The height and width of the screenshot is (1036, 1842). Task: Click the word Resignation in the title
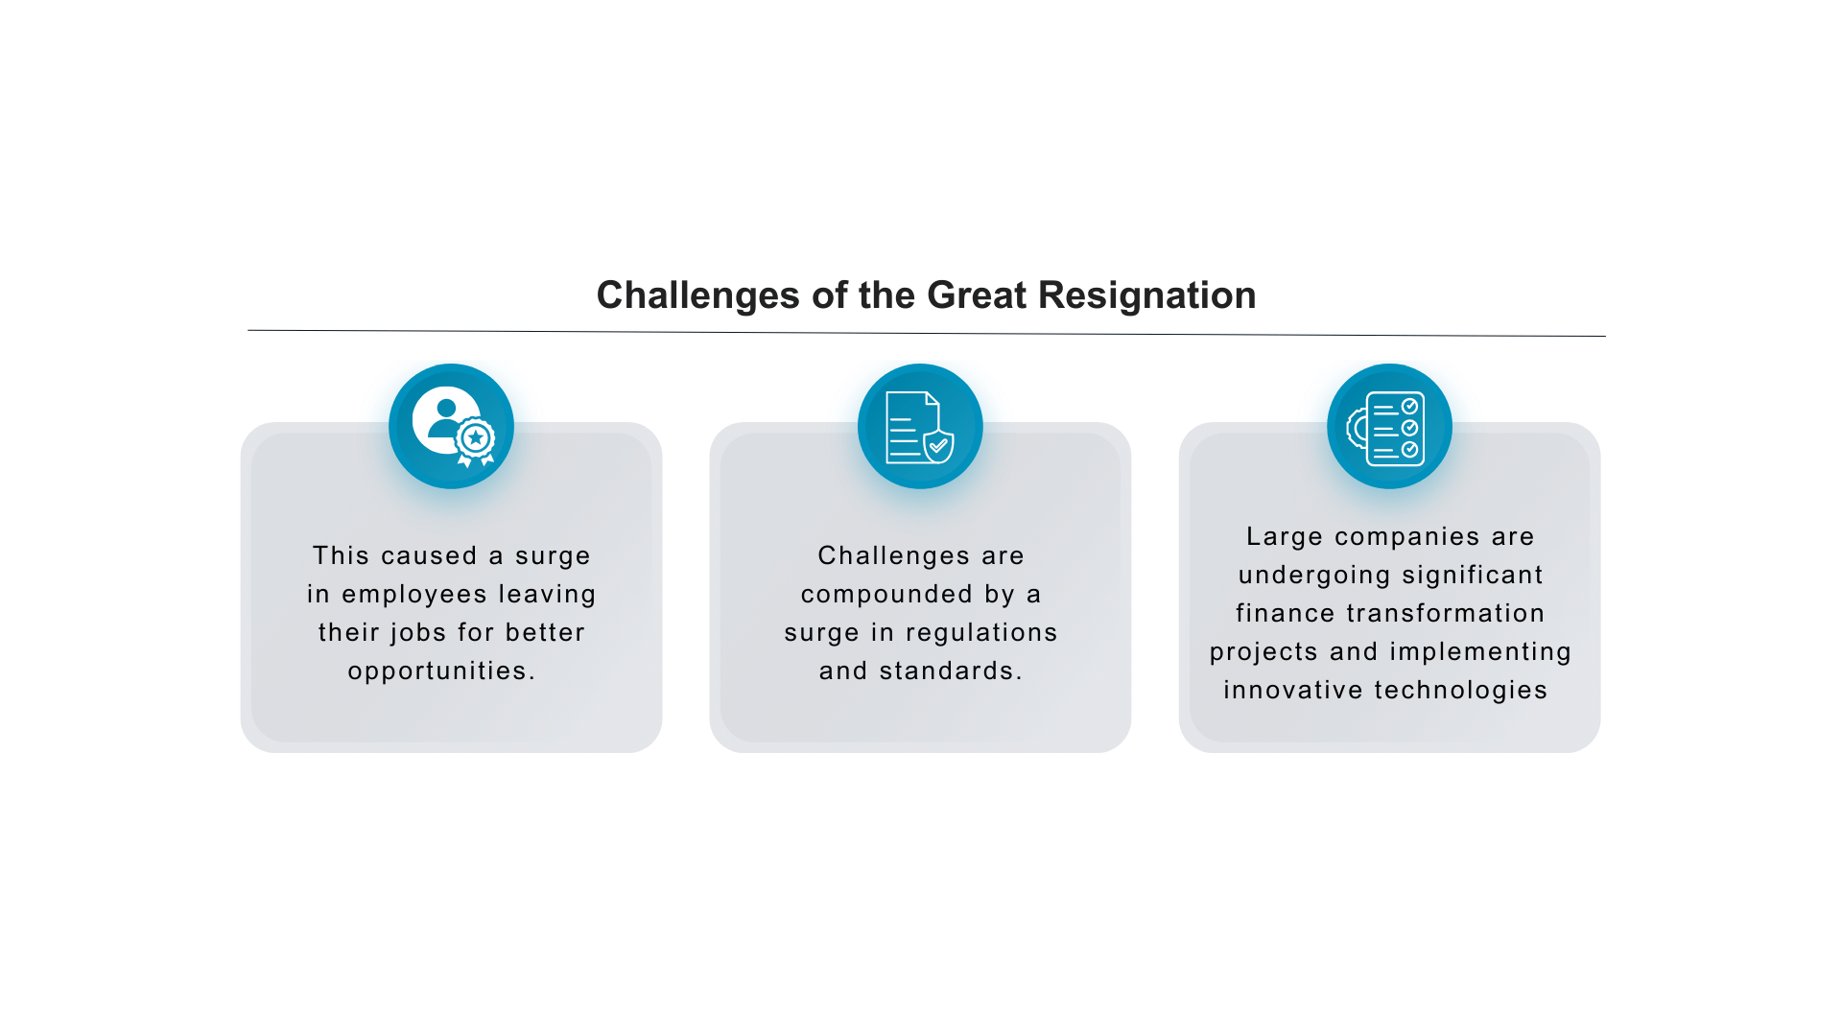1146,295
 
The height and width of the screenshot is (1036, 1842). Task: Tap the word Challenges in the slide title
698,295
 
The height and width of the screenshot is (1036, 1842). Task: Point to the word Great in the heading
978,295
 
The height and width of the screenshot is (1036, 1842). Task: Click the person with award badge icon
453,427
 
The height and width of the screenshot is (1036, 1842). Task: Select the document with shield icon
920,427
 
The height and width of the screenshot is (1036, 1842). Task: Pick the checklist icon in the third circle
1386,428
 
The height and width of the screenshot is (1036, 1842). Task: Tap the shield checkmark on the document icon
938,446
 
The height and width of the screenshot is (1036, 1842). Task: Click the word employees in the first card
414,595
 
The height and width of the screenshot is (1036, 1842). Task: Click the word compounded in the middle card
887,595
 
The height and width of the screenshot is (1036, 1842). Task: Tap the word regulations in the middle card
981,632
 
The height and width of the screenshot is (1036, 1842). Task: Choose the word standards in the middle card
950,671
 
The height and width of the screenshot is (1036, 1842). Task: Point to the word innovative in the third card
1293,690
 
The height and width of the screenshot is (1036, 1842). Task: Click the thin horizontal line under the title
927,333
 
